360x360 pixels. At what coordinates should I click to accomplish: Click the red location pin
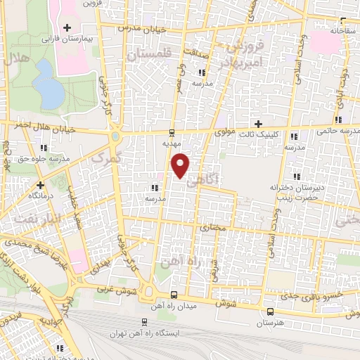(x=181, y=166)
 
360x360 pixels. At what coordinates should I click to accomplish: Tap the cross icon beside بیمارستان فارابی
(x=67, y=28)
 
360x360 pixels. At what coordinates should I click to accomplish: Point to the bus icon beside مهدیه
(x=172, y=132)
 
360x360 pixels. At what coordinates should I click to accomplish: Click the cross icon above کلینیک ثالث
(x=259, y=124)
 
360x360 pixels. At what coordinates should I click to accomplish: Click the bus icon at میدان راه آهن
(x=174, y=294)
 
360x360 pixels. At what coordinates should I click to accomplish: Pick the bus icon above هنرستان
(x=270, y=311)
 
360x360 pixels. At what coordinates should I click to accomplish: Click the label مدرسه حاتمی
(x=337, y=131)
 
